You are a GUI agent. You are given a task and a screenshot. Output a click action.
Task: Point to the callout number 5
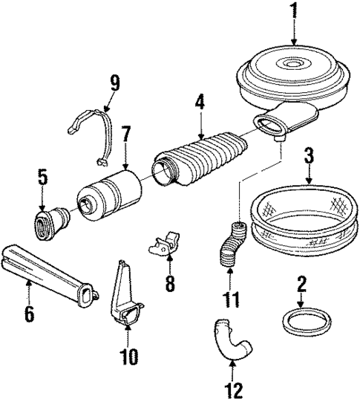[43, 178]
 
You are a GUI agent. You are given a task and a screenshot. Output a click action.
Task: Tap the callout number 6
[30, 314]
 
